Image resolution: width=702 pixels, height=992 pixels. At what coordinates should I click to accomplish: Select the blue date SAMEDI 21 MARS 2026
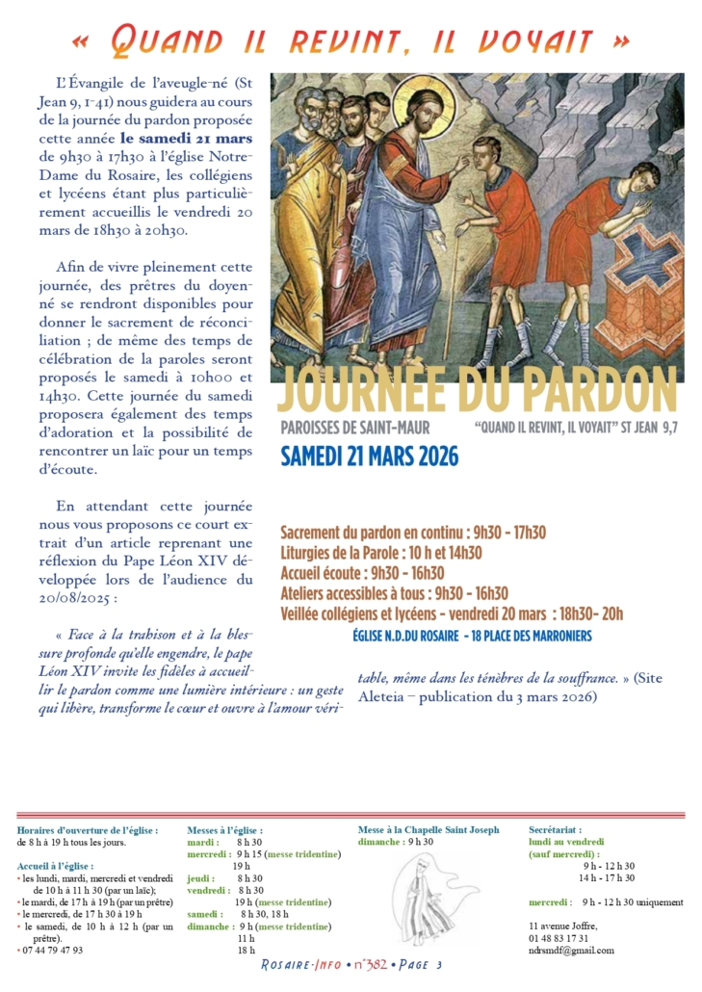click(x=370, y=456)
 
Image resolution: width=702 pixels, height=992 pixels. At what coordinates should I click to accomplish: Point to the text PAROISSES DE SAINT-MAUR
click(x=355, y=428)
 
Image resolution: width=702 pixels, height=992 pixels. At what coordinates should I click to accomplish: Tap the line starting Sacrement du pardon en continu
click(x=413, y=532)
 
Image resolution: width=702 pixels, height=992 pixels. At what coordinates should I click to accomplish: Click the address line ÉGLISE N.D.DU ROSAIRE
click(x=472, y=636)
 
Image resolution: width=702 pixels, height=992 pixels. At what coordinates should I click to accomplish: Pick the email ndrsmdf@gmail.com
click(x=571, y=951)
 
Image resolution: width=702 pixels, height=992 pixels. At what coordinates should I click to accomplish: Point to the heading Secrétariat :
click(x=555, y=829)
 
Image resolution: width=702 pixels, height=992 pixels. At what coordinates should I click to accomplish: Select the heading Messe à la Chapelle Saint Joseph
click(x=429, y=829)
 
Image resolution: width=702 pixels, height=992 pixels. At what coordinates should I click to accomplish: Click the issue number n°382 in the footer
click(x=344, y=966)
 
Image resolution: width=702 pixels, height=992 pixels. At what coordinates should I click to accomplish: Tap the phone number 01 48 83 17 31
click(x=559, y=938)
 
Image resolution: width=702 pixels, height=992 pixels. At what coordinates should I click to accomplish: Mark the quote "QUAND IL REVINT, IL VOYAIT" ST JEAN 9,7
click(x=576, y=428)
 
